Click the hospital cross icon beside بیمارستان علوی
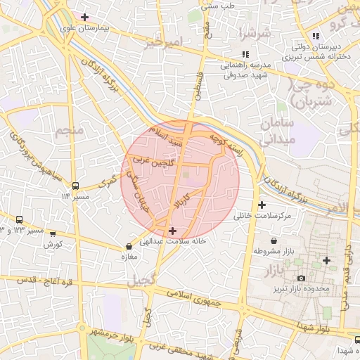(x=85, y=17)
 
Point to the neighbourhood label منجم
(x=70, y=130)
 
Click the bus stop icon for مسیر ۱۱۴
(x=76, y=186)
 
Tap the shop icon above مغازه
(x=129, y=247)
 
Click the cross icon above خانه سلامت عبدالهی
(x=173, y=231)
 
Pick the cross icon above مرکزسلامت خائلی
(x=262, y=205)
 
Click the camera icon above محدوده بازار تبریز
(x=301, y=279)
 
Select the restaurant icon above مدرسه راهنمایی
(x=245, y=54)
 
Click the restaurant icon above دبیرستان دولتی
(x=316, y=36)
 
